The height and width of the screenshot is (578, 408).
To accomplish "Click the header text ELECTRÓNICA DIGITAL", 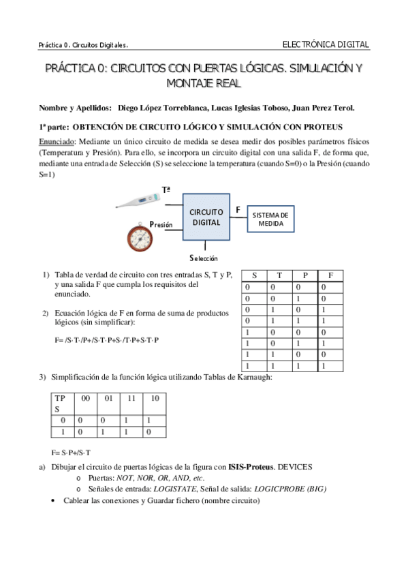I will coord(326,45).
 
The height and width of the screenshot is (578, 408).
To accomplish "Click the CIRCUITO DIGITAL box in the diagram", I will coord(206,217).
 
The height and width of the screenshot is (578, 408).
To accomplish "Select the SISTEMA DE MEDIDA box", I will coord(270,219).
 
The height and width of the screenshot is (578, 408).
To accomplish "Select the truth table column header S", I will coord(254,275).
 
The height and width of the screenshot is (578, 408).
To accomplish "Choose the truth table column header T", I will coord(279,275).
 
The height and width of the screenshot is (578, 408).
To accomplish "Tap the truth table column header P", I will coord(305,275).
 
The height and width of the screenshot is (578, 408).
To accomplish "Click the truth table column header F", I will coord(330,275).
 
